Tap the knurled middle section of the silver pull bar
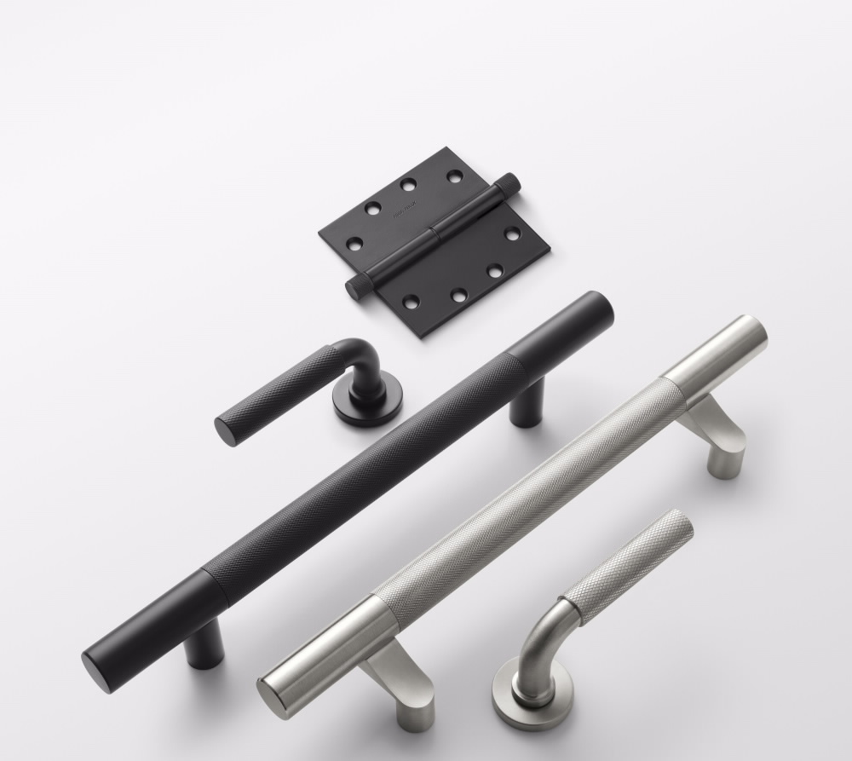(x=528, y=494)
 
